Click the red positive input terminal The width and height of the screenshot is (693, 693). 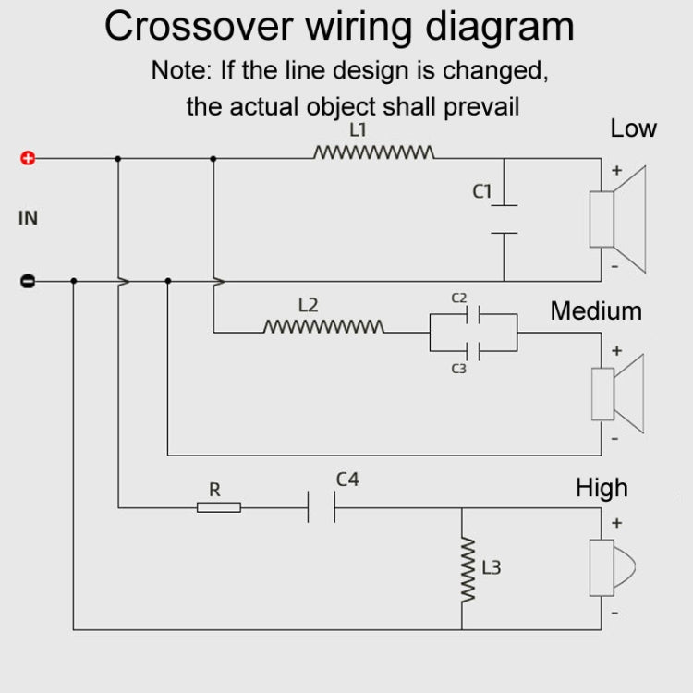pyautogui.click(x=28, y=158)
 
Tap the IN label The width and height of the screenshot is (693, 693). pyautogui.click(x=29, y=218)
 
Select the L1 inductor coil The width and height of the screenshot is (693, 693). pyautogui.click(x=374, y=152)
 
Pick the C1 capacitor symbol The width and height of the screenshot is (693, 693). pyautogui.click(x=504, y=219)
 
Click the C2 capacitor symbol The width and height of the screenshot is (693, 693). pyautogui.click(x=472, y=315)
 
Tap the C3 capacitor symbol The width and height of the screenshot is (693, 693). pyautogui.click(x=472, y=351)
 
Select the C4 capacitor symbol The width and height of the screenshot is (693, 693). pyautogui.click(x=322, y=506)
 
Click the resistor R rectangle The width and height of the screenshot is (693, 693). pyautogui.click(x=219, y=506)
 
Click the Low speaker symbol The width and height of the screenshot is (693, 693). pyautogui.click(x=616, y=219)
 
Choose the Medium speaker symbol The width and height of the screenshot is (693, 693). pyautogui.click(x=616, y=395)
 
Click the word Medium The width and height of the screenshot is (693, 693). pyautogui.click(x=596, y=310)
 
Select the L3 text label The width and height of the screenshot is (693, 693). pyautogui.click(x=491, y=567)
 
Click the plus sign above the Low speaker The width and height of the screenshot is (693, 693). pyautogui.click(x=617, y=170)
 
